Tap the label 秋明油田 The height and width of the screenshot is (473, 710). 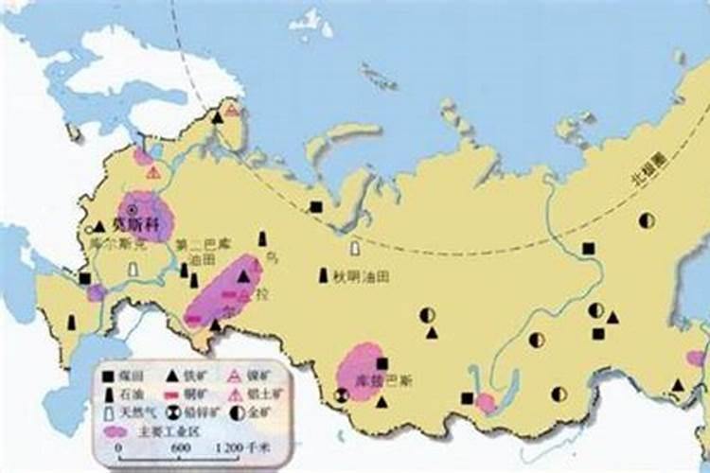pyautogui.click(x=361, y=277)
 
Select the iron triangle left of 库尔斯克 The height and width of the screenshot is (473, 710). pyautogui.click(x=98, y=227)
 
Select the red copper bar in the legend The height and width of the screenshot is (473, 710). pyautogui.click(x=172, y=394)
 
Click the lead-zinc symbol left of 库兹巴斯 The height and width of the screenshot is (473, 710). pyautogui.click(x=342, y=395)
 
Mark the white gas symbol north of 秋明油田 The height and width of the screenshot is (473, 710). pyautogui.click(x=354, y=247)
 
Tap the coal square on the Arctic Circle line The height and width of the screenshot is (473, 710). pyautogui.click(x=315, y=207)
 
